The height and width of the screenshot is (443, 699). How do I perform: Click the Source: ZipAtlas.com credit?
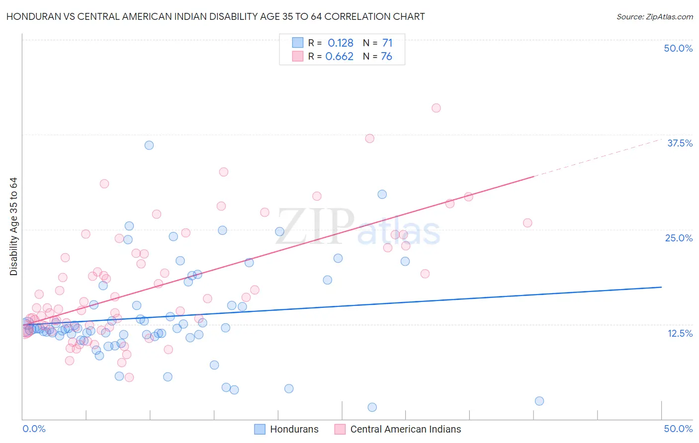(654, 16)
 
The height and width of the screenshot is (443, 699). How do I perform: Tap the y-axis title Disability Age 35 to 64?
(13, 226)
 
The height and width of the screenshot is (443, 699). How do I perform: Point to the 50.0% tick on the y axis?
(678, 48)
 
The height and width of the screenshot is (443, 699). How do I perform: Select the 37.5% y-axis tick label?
(680, 143)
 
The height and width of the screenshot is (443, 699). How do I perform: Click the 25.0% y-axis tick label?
(679, 238)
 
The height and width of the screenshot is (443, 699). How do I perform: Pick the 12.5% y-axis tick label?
(680, 333)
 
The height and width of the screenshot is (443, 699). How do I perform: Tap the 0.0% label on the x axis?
(34, 429)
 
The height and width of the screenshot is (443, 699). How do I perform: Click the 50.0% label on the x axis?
(678, 429)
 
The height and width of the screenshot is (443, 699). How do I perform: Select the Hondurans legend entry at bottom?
(286, 429)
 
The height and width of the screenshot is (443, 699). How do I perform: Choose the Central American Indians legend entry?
(398, 429)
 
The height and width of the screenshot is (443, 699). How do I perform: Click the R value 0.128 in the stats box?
(341, 43)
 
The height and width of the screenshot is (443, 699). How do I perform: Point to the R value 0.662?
(340, 56)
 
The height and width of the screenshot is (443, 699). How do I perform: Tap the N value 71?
(387, 43)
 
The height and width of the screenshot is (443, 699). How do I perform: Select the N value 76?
(386, 56)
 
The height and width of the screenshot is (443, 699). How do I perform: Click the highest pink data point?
(436, 108)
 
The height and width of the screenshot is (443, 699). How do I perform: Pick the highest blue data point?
(149, 145)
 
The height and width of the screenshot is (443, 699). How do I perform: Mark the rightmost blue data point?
(539, 401)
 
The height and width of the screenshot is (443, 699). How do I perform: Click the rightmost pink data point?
(527, 223)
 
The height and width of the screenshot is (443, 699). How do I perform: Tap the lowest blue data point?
(372, 407)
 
